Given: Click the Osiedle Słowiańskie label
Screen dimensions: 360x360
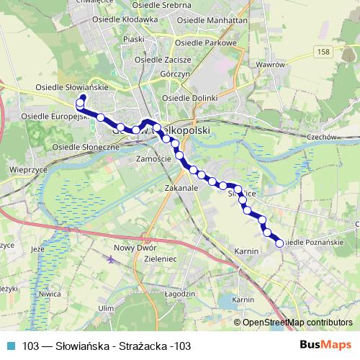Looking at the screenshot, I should coord(72,87).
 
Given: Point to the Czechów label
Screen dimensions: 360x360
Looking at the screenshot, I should coord(322,137).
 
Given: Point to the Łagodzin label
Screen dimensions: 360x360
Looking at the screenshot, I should coord(180,294).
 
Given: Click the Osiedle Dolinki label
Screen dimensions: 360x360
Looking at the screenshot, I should coord(189,97).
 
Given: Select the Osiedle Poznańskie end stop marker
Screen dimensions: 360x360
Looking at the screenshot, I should coord(279,243).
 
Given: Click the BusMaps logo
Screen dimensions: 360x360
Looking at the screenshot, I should coord(325,345).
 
